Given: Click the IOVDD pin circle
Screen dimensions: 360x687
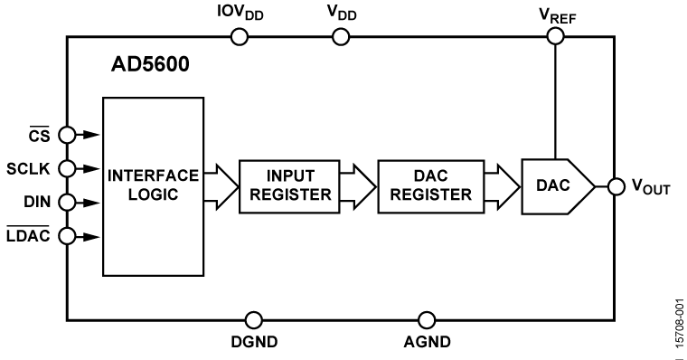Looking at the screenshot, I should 240,36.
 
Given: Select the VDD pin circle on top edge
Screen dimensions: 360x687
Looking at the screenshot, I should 340,36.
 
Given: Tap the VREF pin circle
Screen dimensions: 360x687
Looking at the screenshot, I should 555,36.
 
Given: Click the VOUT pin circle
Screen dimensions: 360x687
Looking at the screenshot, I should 616,186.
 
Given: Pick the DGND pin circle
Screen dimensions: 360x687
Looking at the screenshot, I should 254,319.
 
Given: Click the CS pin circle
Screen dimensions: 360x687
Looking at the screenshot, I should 66,135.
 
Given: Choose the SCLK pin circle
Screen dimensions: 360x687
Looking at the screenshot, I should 66,168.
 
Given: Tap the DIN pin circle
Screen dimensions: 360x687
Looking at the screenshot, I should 66,202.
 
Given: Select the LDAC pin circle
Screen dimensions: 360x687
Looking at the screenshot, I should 66,236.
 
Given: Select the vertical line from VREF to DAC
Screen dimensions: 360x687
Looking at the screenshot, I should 555,99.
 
